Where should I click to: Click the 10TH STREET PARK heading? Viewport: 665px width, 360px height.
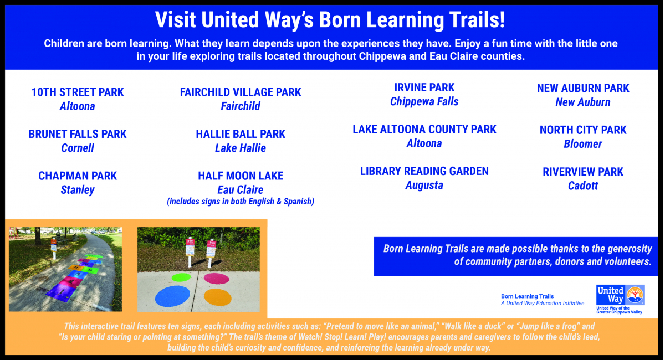pos(78,92)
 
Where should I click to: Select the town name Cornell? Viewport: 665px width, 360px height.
pos(78,148)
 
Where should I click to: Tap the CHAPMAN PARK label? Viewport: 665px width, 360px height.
pos(78,176)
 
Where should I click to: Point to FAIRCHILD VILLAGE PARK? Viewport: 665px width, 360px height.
pos(241,92)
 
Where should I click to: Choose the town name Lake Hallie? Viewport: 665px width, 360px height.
pos(241,148)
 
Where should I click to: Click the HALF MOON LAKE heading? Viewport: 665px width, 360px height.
pos(241,176)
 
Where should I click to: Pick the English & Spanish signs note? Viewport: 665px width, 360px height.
pos(241,202)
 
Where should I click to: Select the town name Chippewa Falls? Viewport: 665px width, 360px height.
pos(424,101)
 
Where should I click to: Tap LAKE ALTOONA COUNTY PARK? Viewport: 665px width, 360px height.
pos(424,130)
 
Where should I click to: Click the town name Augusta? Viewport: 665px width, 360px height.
pos(424,185)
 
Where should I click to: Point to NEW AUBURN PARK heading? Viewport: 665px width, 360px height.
pos(583,88)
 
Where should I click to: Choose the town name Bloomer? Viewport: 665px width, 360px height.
pos(583,144)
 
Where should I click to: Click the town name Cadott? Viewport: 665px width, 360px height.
pos(583,186)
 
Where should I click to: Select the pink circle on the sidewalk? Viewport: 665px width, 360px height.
pos(217,279)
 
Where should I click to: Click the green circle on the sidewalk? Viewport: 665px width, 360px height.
pos(181,277)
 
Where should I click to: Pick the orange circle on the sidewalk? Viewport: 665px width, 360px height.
pos(218,297)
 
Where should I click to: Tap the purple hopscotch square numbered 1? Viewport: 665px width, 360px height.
pos(62,292)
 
